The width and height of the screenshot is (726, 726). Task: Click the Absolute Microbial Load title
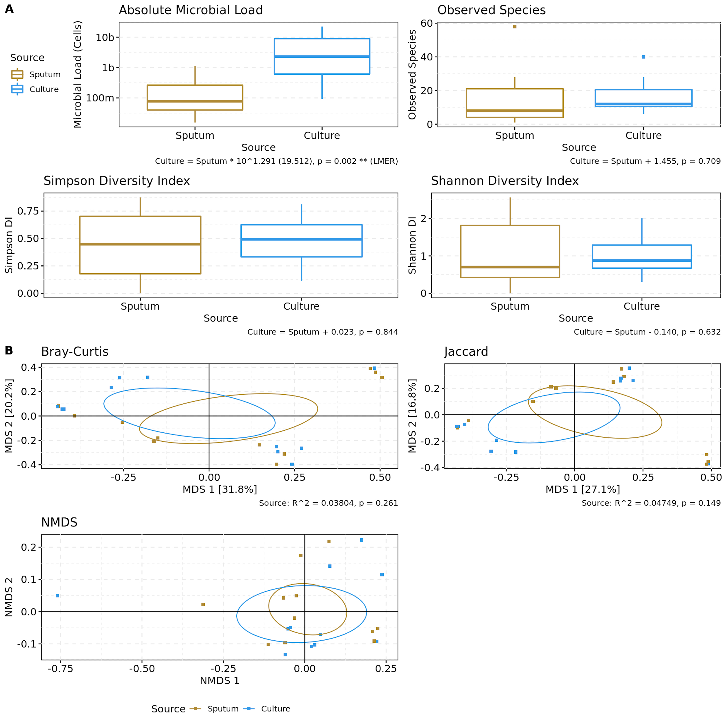click(191, 10)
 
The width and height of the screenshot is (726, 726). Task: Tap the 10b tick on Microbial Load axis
click(105, 37)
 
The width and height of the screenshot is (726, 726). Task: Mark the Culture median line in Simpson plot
click(301, 239)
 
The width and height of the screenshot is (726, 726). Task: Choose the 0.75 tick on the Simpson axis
click(28, 211)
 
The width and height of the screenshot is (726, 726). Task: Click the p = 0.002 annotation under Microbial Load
click(276, 161)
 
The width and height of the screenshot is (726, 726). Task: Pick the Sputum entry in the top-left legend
click(45, 74)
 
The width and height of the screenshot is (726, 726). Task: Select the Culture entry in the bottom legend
click(275, 709)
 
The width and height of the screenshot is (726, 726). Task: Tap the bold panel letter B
click(9, 351)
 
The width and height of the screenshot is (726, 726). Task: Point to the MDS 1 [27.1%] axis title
click(583, 489)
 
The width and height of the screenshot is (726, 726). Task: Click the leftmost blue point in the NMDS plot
click(57, 596)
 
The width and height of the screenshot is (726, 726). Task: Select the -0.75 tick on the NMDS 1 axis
click(60, 669)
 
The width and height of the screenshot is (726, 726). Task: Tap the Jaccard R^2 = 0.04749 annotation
click(651, 503)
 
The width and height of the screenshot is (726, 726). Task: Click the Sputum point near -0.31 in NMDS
click(203, 605)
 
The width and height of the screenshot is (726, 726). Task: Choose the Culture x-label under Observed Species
click(643, 136)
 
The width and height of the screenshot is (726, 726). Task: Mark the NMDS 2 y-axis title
click(9, 597)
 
